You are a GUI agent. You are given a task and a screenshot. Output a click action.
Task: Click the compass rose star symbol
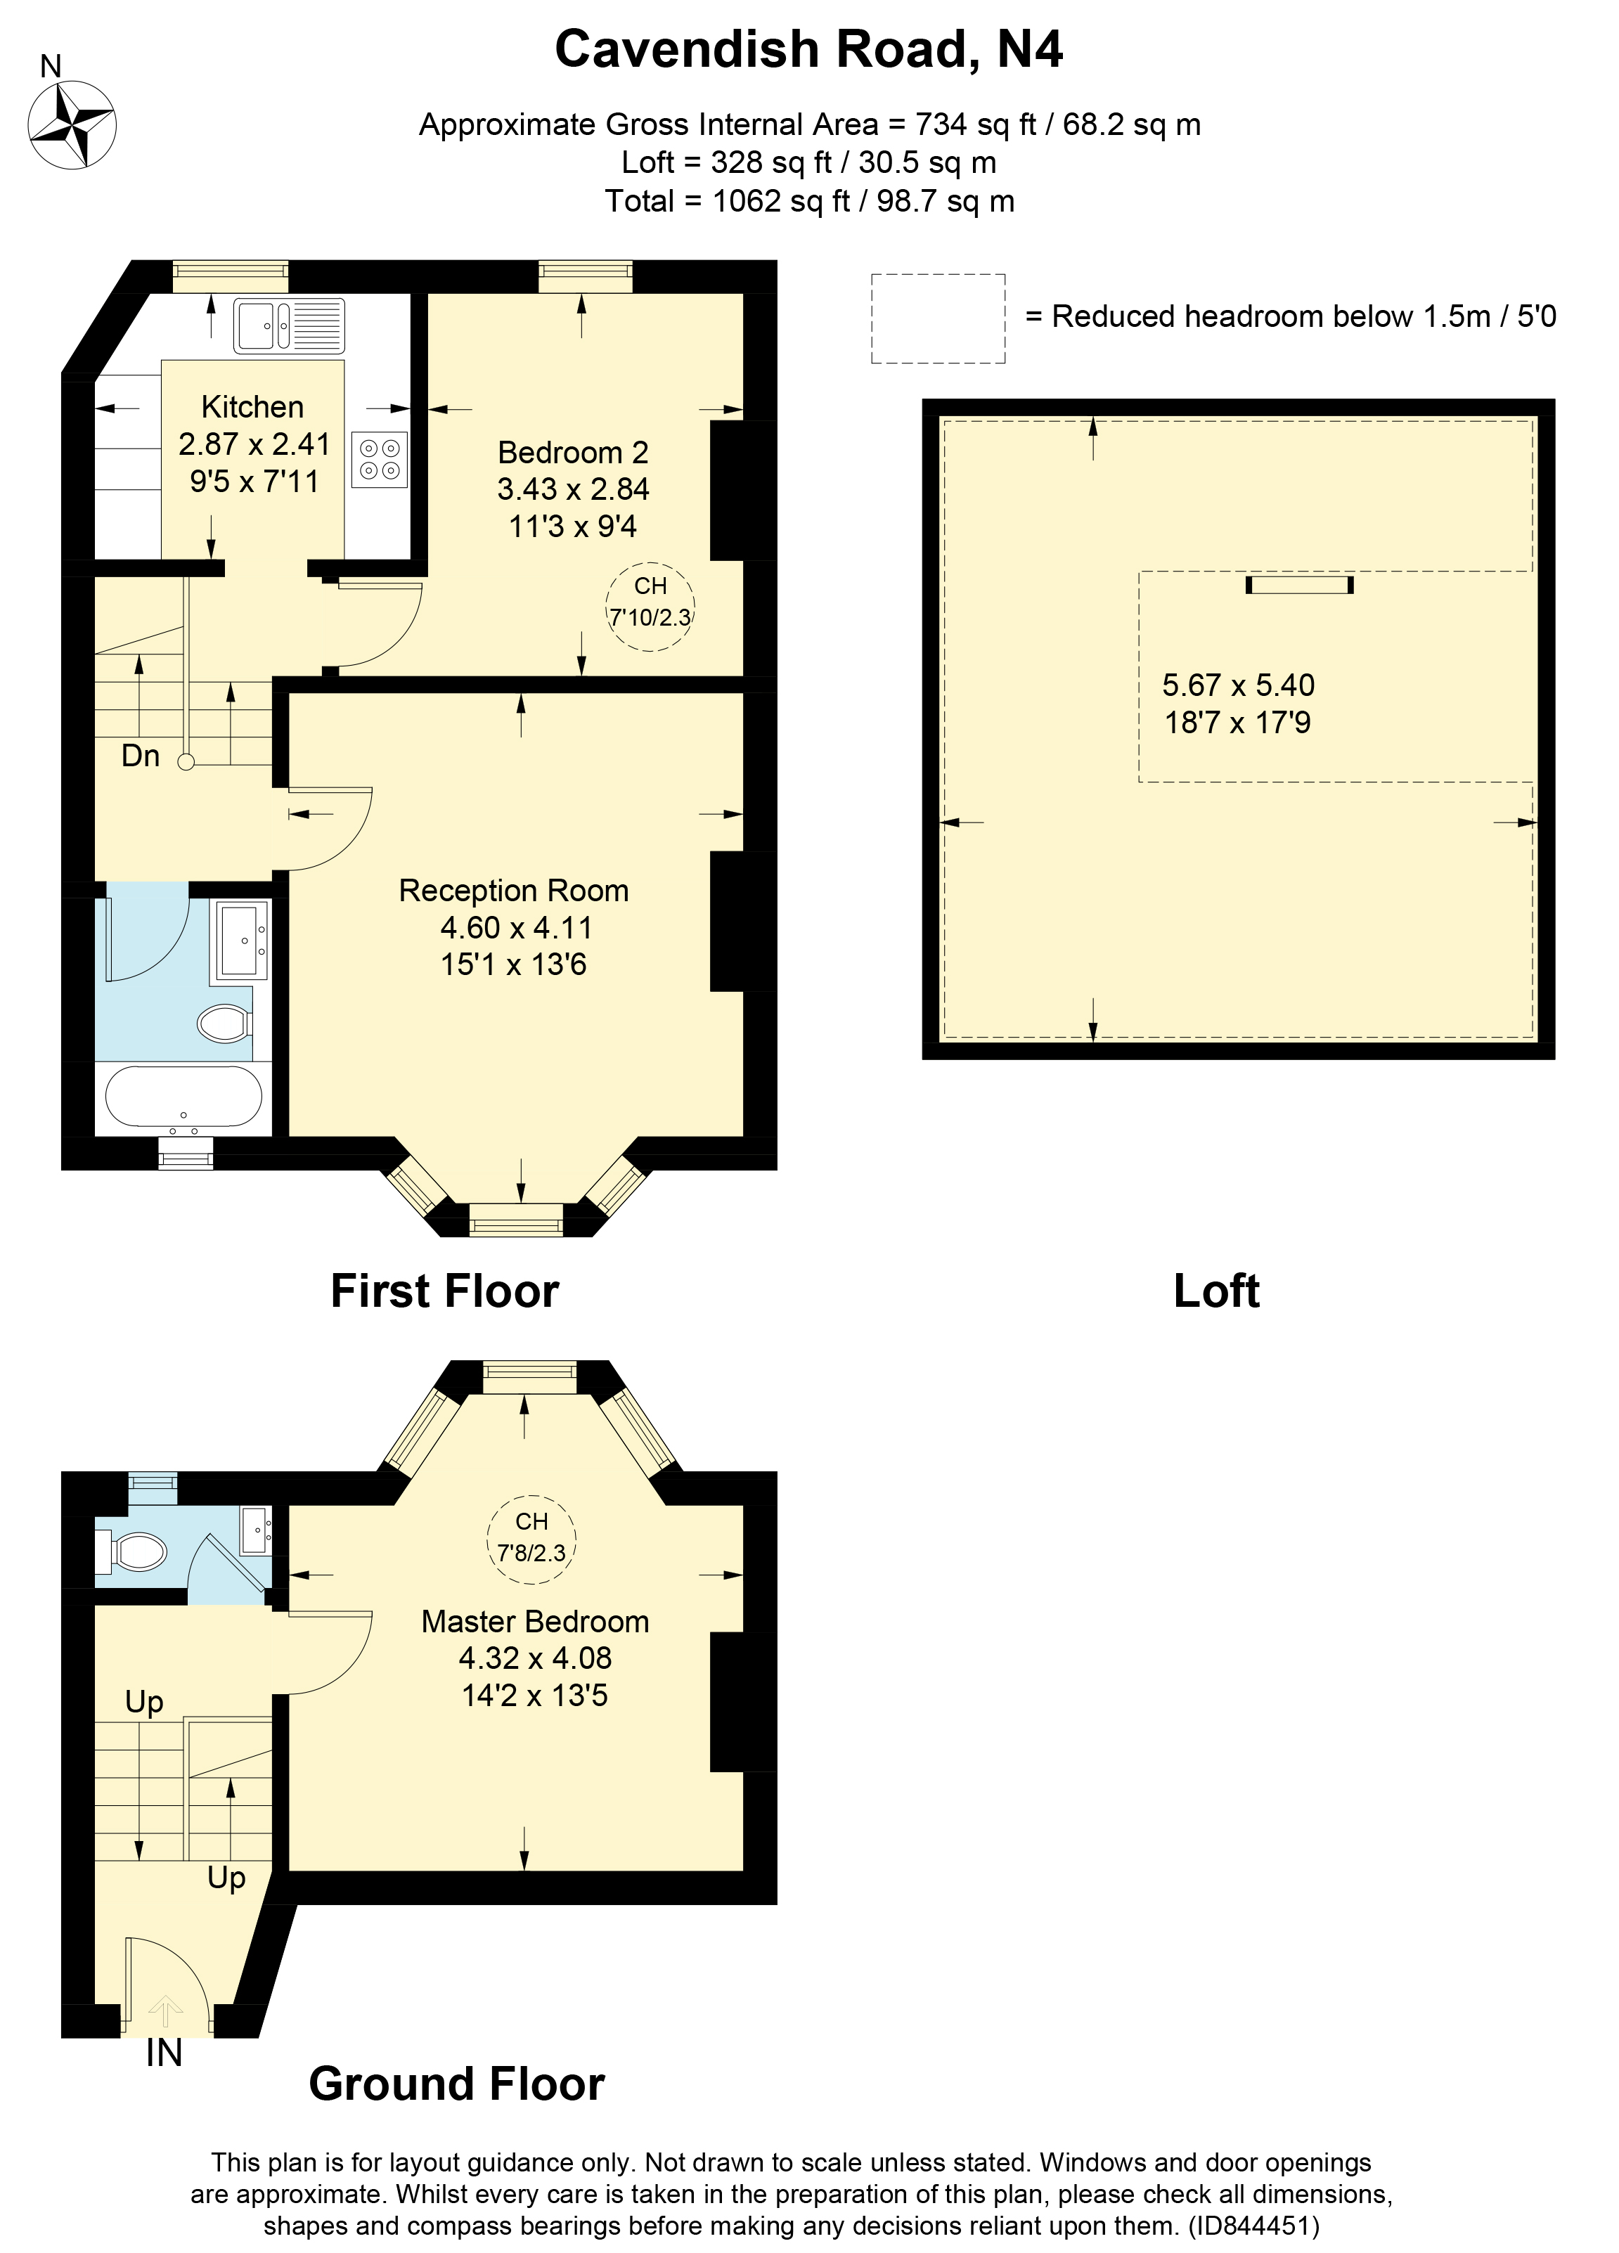click(x=72, y=125)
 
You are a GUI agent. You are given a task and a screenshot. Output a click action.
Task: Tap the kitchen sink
click(x=289, y=326)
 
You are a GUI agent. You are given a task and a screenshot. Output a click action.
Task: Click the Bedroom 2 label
click(x=572, y=453)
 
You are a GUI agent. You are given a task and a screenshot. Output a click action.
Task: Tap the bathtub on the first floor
click(x=183, y=1097)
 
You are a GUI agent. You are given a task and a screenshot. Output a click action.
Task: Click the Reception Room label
click(x=513, y=891)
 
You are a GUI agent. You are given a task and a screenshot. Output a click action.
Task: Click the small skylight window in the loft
click(x=1299, y=585)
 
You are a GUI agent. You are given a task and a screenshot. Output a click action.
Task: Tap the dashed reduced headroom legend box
click(x=938, y=318)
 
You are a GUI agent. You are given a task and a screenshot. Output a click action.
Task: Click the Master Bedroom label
click(x=534, y=1622)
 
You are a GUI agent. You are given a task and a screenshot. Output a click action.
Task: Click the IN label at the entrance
click(x=164, y=2053)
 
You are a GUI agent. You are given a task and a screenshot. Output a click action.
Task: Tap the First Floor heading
click(x=444, y=1291)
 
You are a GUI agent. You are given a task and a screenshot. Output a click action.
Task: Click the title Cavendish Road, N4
click(x=808, y=50)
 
